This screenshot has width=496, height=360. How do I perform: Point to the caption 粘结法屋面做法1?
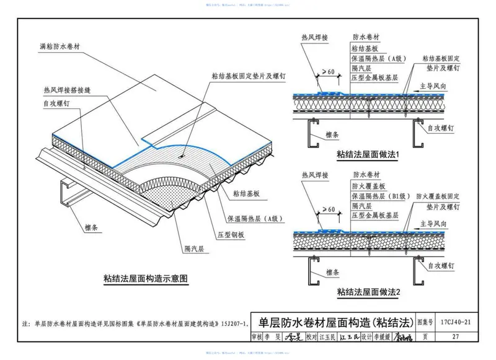[371, 154]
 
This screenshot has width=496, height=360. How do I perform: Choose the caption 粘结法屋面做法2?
[371, 291]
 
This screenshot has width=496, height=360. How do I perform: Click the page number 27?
[455, 338]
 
